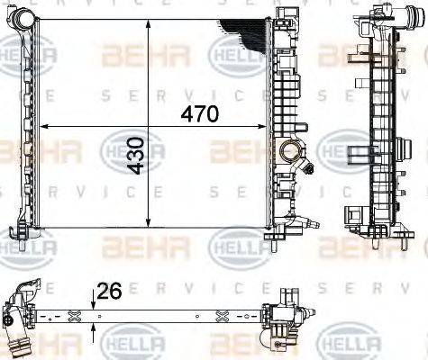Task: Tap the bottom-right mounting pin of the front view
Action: coord(271,240)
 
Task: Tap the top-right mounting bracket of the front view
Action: coord(288,16)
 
